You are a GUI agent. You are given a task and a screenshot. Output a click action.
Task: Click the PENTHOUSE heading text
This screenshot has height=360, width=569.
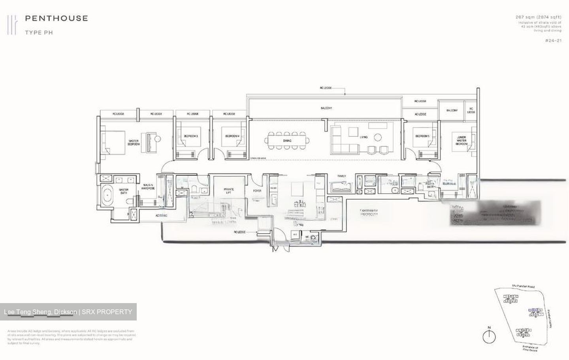[56, 18]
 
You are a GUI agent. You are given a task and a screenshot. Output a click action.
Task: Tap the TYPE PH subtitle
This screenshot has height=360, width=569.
[39, 33]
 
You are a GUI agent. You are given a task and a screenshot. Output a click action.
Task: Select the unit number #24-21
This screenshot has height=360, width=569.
[553, 41]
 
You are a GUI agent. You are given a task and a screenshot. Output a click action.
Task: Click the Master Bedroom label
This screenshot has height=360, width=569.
[134, 143]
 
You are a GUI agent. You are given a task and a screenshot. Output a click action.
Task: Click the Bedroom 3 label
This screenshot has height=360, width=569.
[190, 136]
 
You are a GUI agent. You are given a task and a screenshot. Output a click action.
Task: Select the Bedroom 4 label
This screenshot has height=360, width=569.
[232, 136]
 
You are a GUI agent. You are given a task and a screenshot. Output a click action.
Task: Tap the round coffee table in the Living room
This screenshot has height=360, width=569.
[378, 137]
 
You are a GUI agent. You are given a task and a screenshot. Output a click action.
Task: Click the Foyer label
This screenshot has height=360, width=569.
[257, 191]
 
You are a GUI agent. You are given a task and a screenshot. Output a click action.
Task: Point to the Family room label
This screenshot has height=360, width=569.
[341, 176]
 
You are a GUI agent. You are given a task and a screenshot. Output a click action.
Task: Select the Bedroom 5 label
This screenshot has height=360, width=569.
[422, 136]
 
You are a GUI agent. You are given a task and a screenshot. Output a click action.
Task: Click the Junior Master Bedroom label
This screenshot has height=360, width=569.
[461, 141]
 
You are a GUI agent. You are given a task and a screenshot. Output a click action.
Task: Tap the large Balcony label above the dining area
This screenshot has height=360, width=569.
[326, 108]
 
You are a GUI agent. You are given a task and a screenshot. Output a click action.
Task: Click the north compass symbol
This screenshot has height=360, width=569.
[489, 336]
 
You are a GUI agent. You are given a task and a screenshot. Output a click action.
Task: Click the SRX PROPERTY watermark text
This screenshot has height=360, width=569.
[107, 312]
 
